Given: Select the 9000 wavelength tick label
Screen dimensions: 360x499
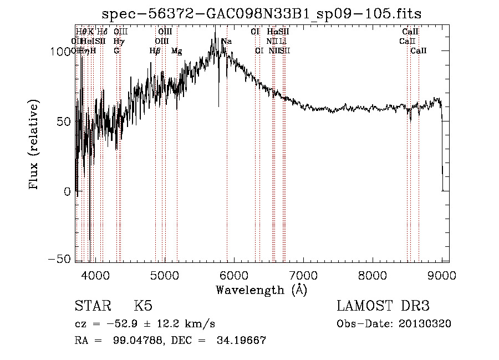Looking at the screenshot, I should [x=442, y=275].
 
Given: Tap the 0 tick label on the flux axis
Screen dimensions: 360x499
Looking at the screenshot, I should [x=67, y=191].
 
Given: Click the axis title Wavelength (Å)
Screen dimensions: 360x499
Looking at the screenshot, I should [x=261, y=290].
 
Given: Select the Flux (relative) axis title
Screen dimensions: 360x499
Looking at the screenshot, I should [x=35, y=146].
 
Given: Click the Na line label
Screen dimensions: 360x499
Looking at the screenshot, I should [x=227, y=42].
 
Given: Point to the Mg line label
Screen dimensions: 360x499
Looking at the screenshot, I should [x=176, y=51].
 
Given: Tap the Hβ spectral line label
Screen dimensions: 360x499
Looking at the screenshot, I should [x=155, y=51].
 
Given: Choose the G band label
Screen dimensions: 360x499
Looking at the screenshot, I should [x=116, y=51].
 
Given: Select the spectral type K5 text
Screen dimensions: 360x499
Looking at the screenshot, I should [x=143, y=306].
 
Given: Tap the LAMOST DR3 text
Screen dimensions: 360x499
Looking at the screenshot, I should [x=383, y=306].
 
